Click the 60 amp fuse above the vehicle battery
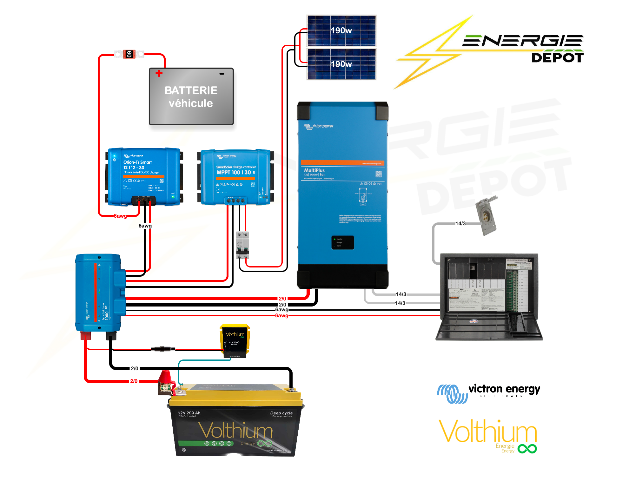pyautogui.click(x=129, y=54)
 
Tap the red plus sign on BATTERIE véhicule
pyautogui.click(x=159, y=74)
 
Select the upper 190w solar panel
pyautogui.click(x=341, y=31)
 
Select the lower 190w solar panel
pyautogui.click(x=341, y=64)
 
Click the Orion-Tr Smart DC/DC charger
pyautogui.click(x=144, y=176)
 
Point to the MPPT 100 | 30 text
pyautogui.click(x=234, y=173)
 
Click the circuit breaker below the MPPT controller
pyautogui.click(x=243, y=245)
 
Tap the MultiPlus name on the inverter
pyautogui.click(x=314, y=170)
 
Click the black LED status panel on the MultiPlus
pyautogui.click(x=342, y=243)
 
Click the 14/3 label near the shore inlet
pyautogui.click(x=460, y=224)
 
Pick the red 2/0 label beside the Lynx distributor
pyautogui.click(x=282, y=299)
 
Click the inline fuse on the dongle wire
pyautogui.click(x=163, y=349)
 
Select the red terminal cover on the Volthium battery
pyautogui.click(x=166, y=378)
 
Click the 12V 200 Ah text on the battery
pyautogui.click(x=189, y=413)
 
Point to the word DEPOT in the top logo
pyautogui.click(x=557, y=58)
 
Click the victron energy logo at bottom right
pyautogui.click(x=489, y=393)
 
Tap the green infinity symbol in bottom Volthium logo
pyautogui.click(x=527, y=449)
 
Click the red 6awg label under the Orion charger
pyautogui.click(x=120, y=216)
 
